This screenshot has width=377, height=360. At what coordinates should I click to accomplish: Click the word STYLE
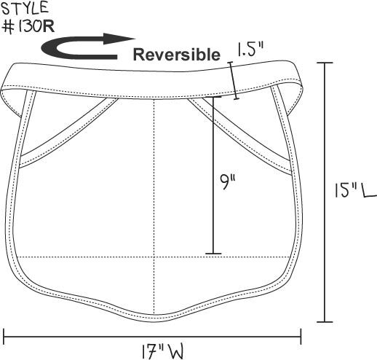tap(25, 8)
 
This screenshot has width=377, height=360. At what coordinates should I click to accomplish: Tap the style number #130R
tap(28, 26)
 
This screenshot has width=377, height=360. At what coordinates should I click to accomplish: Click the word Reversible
tap(177, 55)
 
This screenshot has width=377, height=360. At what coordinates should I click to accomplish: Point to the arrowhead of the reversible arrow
tap(119, 39)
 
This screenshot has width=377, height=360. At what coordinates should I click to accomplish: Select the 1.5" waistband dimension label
tap(250, 50)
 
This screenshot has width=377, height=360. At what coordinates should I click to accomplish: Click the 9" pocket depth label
tap(228, 181)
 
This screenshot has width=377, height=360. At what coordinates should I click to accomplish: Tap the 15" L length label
tap(355, 190)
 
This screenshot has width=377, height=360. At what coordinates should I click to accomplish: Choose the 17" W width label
tap(162, 351)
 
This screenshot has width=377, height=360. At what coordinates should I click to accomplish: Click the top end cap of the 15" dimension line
tap(325, 63)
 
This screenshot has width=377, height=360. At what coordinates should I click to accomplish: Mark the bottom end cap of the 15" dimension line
tap(325, 322)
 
